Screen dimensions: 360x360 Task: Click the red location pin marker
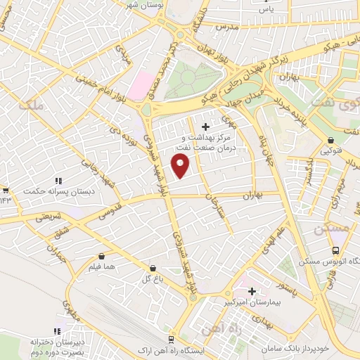point(181,166)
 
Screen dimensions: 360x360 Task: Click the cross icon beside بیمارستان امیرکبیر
point(251,290)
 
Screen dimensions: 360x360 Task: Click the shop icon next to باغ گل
point(153,268)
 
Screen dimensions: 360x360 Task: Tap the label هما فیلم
point(103,268)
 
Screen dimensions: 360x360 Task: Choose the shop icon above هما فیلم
point(103,257)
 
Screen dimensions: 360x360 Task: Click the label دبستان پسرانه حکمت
point(54,191)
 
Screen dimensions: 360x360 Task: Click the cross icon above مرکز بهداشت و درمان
point(205,127)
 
